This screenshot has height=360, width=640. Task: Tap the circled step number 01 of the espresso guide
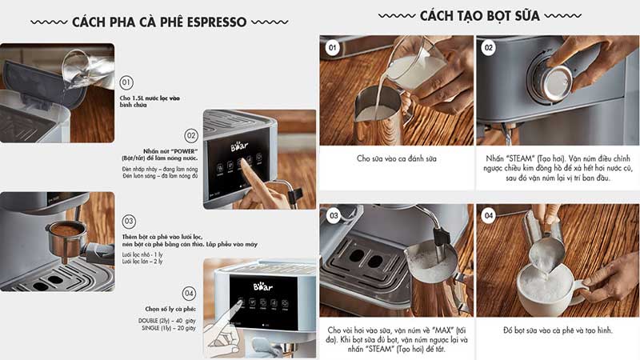pos(126,82)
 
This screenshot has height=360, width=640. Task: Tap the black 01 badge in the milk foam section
pos(333,47)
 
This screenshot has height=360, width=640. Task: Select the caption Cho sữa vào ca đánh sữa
pos(396,158)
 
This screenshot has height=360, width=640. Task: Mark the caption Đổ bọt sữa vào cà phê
pos(554,330)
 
